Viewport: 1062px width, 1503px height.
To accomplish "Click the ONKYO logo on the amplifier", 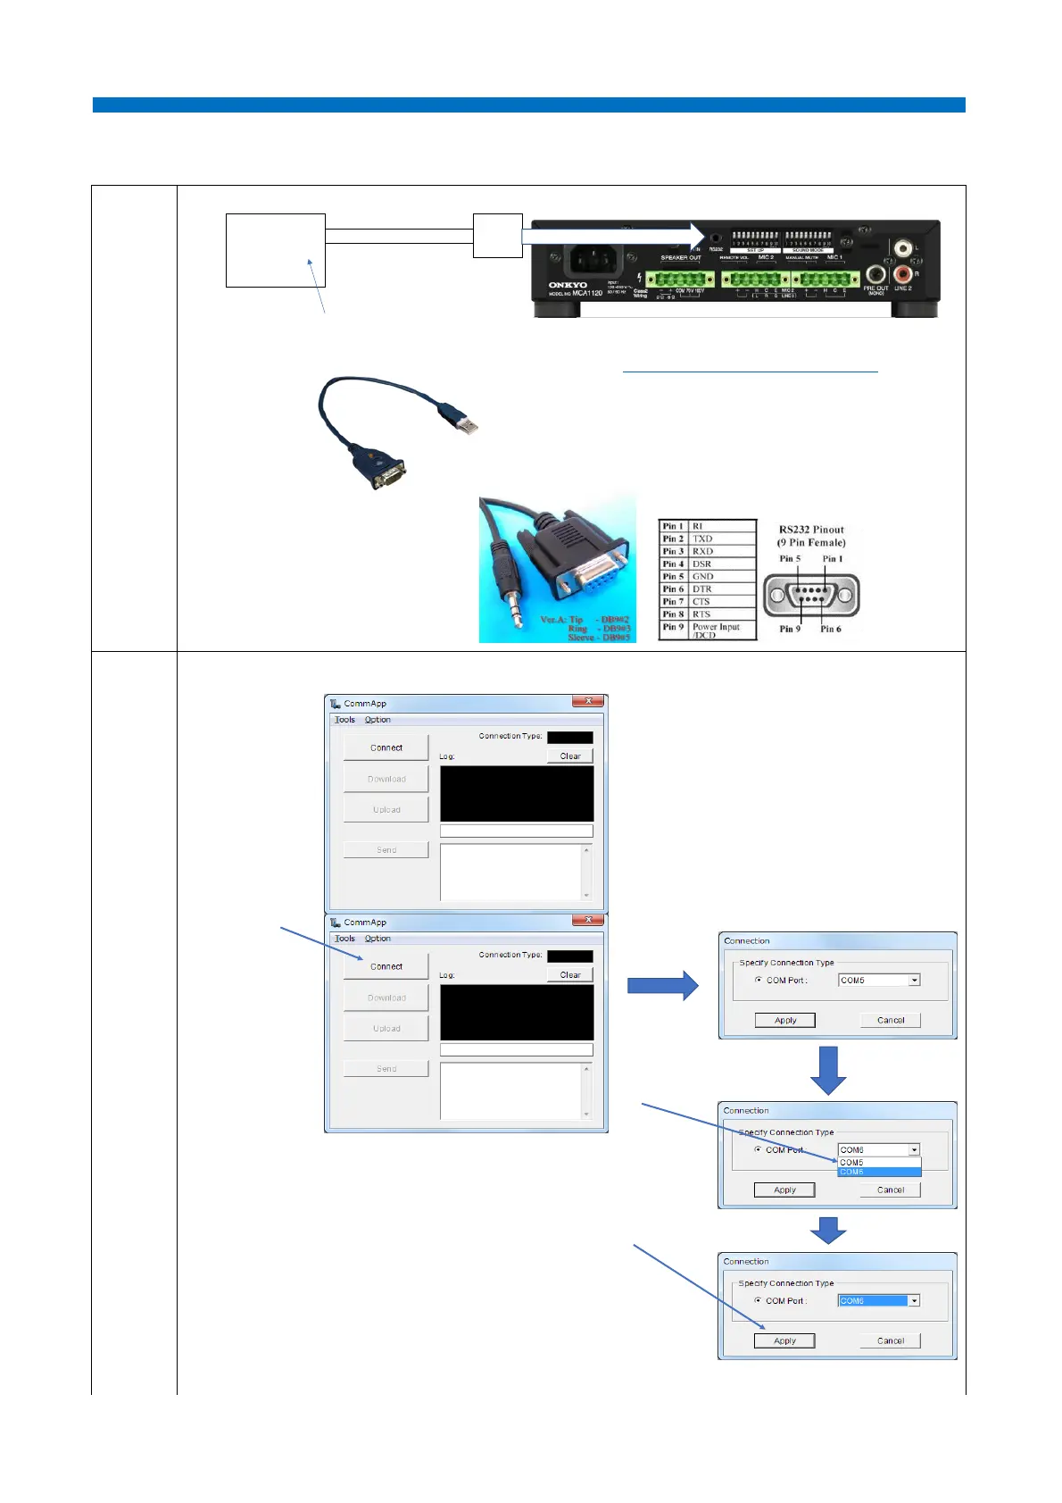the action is pyautogui.click(x=568, y=285).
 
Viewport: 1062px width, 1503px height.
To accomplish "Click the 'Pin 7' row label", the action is pyautogui.click(x=673, y=602).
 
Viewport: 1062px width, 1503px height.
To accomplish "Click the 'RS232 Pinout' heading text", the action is pyautogui.click(x=811, y=530).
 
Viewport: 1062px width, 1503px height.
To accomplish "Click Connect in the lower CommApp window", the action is pyautogui.click(x=386, y=966).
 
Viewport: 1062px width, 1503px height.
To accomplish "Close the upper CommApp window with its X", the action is pyautogui.click(x=589, y=702).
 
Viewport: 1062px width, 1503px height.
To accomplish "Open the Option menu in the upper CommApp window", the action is pyautogui.click(x=378, y=720).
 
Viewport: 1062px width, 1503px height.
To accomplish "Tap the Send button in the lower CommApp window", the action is pyautogui.click(x=386, y=1069).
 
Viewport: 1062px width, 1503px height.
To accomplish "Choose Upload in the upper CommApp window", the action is pyautogui.click(x=386, y=810).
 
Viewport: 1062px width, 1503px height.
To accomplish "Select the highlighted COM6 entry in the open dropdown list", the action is pyautogui.click(x=878, y=1172).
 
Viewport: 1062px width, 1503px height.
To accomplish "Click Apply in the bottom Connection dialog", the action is pyautogui.click(x=784, y=1340).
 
